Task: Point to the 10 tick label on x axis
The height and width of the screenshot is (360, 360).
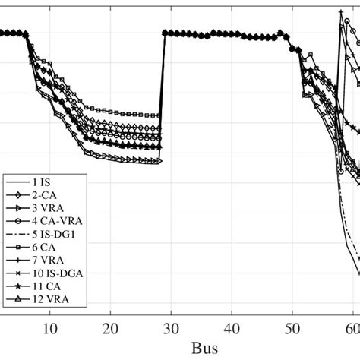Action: pos(50,328)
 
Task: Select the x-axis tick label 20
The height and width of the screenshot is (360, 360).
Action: pos(111,328)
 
